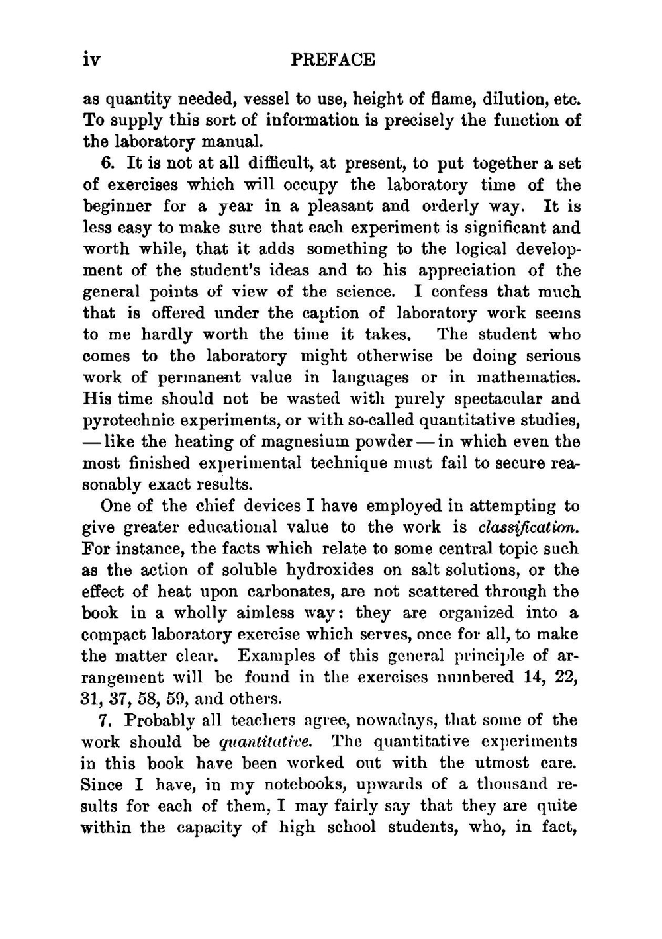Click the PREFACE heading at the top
(333, 60)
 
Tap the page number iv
(91, 60)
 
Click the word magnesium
(294, 441)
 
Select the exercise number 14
(532, 677)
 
